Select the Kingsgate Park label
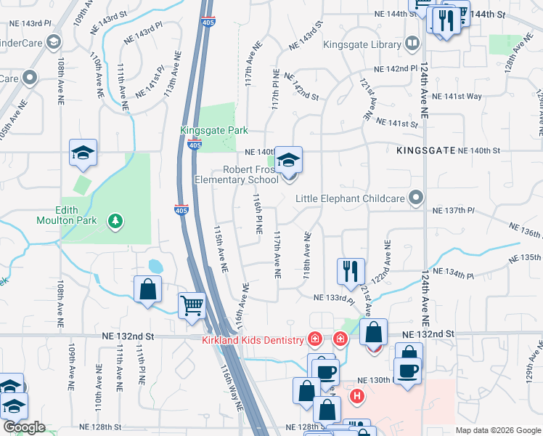(x=214, y=130)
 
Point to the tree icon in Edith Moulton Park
(x=113, y=219)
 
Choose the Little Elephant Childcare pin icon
(x=416, y=197)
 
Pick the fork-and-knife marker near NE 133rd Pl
(x=351, y=271)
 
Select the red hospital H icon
(x=357, y=396)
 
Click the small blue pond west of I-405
(x=155, y=267)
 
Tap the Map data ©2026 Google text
(x=498, y=430)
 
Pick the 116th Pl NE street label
(x=257, y=214)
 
